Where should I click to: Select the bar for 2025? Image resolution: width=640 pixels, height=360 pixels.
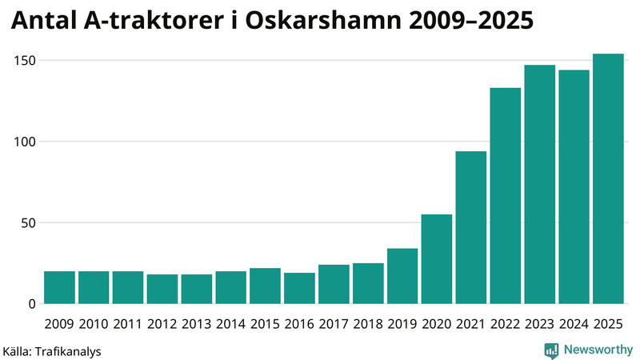(x=608, y=179)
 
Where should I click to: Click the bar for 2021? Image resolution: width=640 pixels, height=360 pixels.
(x=471, y=227)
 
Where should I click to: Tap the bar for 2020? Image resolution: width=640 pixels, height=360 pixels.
(x=437, y=259)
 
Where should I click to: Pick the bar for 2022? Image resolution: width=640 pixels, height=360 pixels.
(x=506, y=196)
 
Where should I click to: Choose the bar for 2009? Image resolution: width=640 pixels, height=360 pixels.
(x=59, y=288)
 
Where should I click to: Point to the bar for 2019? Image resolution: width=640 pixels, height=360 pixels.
(x=402, y=276)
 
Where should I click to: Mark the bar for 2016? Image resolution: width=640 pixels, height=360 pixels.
(x=299, y=289)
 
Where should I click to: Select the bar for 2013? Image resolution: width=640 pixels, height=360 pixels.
(x=197, y=289)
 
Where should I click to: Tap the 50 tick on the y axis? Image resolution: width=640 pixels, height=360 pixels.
(x=29, y=223)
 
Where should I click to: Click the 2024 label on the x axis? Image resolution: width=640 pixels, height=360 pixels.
(x=574, y=324)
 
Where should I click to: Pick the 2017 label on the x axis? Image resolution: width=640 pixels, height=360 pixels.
(x=334, y=324)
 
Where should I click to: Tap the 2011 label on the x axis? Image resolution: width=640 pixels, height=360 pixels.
(x=128, y=324)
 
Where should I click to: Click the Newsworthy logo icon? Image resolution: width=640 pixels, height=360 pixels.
(x=551, y=350)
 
